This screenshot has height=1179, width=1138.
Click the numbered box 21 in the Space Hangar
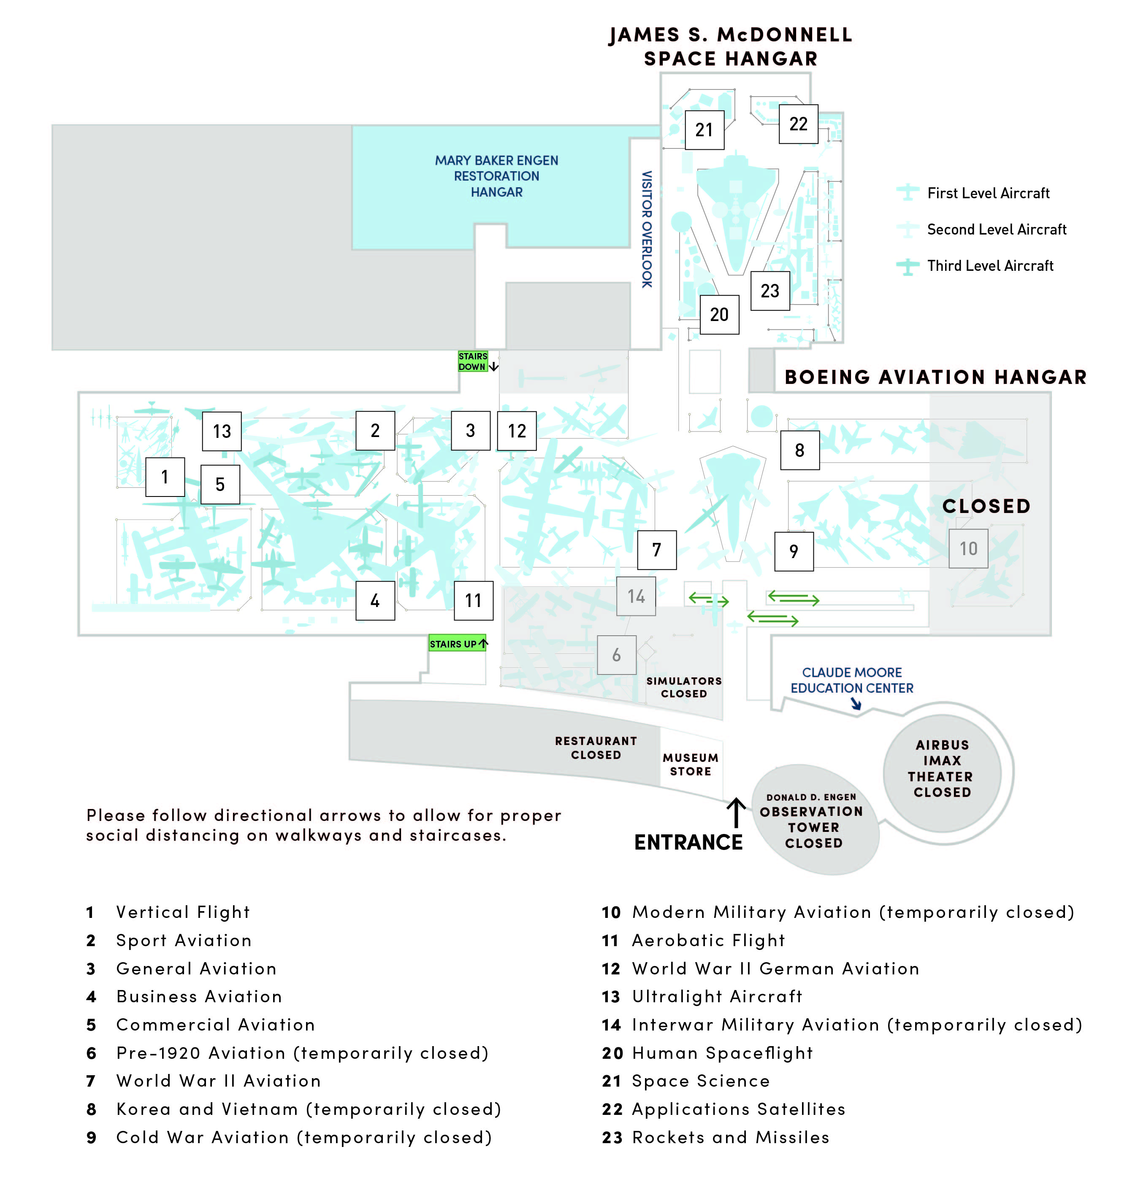pos(704,130)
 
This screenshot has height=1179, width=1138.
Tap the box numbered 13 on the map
pos(222,431)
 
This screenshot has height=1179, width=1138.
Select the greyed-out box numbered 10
pos(968,549)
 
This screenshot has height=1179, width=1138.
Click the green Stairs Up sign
pos(457,643)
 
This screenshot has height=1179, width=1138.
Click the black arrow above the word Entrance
pos(735,812)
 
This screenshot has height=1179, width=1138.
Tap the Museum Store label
pos(690,764)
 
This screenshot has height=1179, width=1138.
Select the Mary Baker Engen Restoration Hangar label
pos(496,176)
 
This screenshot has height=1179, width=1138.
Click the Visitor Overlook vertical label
pos(646,229)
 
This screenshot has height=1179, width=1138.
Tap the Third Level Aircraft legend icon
pos(907,266)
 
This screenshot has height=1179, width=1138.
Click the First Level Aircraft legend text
pos(988,193)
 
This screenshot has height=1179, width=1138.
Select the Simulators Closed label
pos(684,687)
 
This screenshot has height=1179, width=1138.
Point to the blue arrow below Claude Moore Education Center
pos(855,703)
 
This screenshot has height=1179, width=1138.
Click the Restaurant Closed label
pos(595,748)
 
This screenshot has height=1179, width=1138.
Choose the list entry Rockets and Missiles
pos(730,1137)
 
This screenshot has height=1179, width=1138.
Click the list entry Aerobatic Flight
pos(708,940)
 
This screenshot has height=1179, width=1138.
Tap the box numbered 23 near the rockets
pos(770,291)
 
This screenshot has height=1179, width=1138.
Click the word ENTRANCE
pos(688,842)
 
